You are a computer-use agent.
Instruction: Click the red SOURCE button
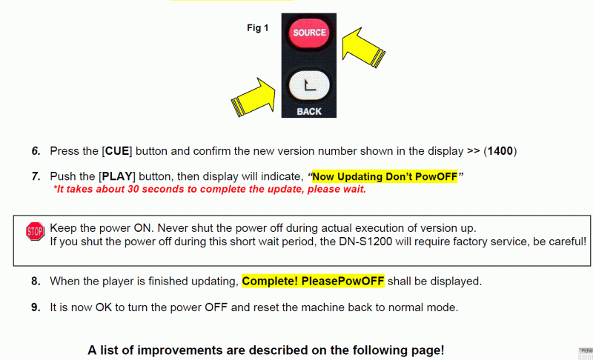click(309, 33)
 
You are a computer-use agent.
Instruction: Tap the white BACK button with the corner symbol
click(309, 85)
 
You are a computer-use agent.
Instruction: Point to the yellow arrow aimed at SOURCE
click(363, 47)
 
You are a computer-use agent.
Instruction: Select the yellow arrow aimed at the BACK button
click(254, 98)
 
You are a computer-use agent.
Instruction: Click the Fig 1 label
click(257, 28)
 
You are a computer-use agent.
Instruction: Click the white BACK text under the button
click(309, 111)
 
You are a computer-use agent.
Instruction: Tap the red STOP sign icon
click(35, 231)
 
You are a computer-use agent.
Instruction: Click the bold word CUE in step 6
click(117, 151)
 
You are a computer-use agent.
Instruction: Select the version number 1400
click(500, 151)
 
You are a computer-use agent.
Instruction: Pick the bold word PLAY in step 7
click(117, 176)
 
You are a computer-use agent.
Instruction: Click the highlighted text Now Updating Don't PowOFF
click(385, 176)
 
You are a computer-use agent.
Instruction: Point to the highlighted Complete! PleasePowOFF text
click(313, 281)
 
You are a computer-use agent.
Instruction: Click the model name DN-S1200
click(365, 241)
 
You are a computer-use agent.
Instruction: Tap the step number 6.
click(36, 151)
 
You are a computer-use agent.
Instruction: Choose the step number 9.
click(36, 307)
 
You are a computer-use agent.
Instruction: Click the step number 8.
click(36, 281)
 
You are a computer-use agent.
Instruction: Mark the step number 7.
click(36, 176)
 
